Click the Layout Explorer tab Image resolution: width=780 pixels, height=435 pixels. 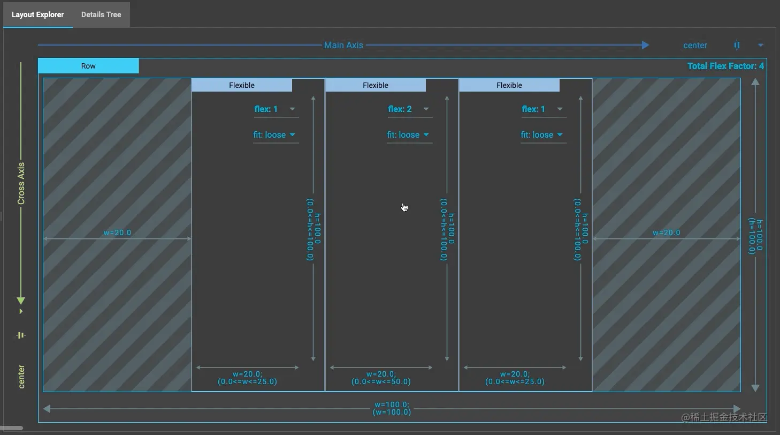coord(37,14)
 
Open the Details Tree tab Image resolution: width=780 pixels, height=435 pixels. coord(101,14)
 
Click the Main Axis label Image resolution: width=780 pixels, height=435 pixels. coord(343,45)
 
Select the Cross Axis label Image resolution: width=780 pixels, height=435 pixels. coord(21,183)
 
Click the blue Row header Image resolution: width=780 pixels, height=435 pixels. coord(88,66)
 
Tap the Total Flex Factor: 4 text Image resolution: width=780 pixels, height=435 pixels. coord(725,66)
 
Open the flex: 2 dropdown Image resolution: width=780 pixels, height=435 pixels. coord(409,109)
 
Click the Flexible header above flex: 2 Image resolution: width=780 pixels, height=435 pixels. coord(376,85)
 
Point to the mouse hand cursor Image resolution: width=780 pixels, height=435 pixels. coord(404,207)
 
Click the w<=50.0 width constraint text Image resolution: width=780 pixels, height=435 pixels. coord(381,381)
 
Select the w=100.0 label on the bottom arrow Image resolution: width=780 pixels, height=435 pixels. coord(392,405)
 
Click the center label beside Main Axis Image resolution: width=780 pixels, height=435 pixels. coord(695,46)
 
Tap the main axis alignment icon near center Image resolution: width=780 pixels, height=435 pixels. coord(737,46)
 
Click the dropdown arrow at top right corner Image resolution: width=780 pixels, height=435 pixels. coord(760,46)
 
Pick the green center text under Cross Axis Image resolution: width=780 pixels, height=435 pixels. coord(21,376)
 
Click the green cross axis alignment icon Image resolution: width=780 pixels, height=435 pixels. coord(21,335)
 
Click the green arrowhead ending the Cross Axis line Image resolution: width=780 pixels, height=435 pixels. coord(21,301)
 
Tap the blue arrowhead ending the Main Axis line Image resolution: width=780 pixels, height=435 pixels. coord(645,45)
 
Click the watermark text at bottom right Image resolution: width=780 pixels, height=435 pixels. coord(724,417)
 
